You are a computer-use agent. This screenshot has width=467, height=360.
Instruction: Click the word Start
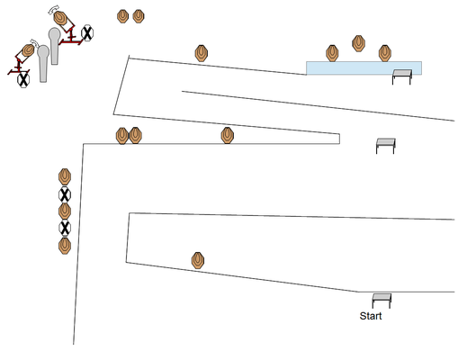coord(371,316)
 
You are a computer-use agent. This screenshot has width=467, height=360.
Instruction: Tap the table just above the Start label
coord(382,301)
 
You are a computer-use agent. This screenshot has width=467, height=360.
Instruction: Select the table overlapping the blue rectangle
coord(402,76)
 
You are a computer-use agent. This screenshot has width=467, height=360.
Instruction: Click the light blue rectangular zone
coord(364,68)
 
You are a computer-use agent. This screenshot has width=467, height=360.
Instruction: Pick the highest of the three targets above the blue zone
coord(358,43)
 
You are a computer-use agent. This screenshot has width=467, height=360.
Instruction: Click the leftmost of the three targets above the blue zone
coord(332,53)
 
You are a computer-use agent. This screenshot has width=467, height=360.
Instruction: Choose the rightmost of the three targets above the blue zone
coord(385,53)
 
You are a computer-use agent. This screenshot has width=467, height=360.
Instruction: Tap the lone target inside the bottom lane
coord(198,260)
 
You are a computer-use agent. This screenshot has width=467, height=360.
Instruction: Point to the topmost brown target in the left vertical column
coord(65,176)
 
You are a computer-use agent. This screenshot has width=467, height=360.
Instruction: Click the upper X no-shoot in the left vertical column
coord(65,195)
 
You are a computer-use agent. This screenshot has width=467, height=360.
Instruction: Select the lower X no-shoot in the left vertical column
coord(65,228)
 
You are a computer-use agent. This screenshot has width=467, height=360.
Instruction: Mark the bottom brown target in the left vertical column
coord(65,246)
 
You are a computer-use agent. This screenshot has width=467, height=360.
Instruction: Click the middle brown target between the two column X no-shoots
coord(65,211)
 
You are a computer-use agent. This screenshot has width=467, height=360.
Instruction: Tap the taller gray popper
coord(54,45)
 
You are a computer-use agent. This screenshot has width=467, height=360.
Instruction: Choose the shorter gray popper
coord(43,63)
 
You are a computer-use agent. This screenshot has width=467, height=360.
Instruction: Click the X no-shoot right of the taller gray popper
coord(87,32)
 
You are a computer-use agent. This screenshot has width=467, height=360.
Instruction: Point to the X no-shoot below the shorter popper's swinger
coord(23,80)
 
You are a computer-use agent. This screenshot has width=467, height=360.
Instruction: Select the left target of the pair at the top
coord(122,16)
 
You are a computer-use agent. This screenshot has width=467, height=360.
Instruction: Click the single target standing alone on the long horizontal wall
coord(228,135)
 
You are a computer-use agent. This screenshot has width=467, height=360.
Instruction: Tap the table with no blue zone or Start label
coord(386,146)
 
